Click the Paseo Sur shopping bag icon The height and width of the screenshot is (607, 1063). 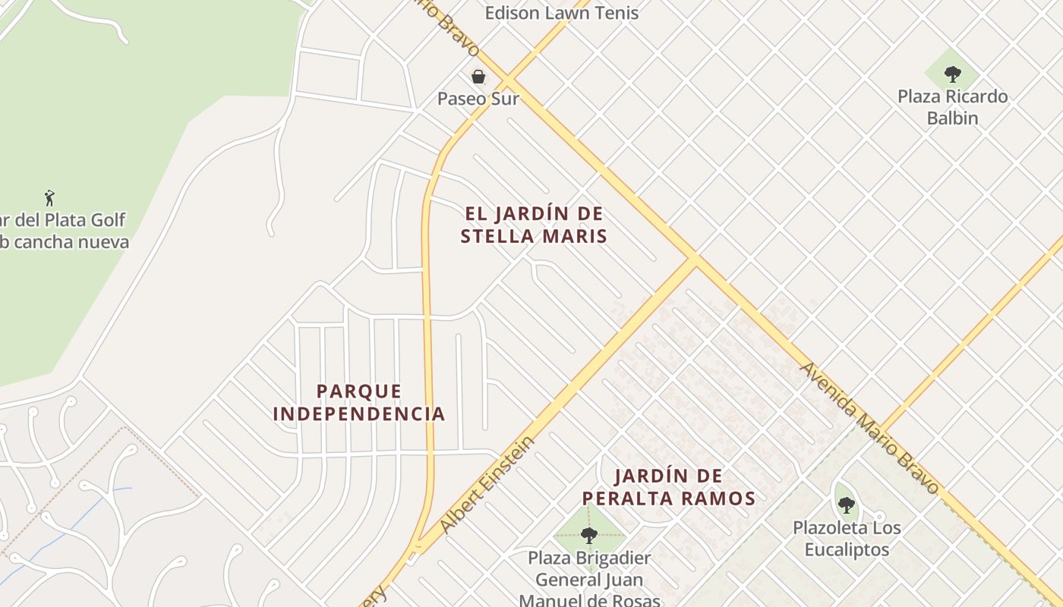coord(478,76)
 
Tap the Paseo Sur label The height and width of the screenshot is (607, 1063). coord(478,99)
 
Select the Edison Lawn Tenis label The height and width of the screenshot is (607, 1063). coord(561,12)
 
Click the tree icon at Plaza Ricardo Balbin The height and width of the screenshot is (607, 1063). coord(952,74)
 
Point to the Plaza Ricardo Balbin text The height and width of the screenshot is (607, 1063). coord(952,107)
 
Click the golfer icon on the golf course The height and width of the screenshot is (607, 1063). coord(49,198)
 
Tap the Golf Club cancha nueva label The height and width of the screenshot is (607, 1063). coord(65,231)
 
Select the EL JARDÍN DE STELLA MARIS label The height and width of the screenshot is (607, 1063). coord(534,225)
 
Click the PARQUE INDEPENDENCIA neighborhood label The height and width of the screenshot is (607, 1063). coord(358,403)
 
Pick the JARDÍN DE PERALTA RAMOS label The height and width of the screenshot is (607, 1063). coord(668,487)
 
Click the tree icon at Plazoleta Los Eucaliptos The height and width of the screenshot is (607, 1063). coord(846,505)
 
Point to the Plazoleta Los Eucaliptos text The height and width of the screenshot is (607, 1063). coord(846,538)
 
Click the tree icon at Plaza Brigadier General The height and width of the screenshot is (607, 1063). coord(588,535)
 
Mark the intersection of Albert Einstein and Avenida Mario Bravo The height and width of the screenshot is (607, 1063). coord(693,260)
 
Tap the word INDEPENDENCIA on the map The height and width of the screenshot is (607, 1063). coord(358,414)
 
